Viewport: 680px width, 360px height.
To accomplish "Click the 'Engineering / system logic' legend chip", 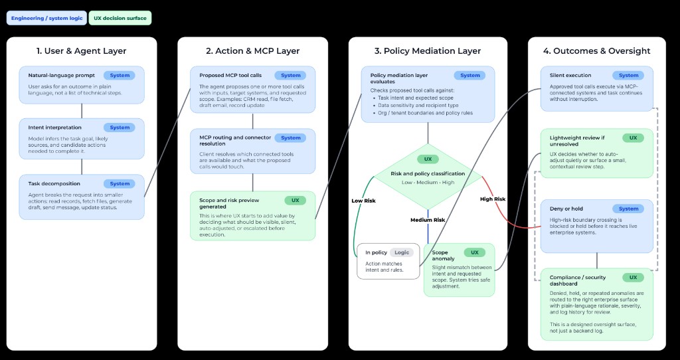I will (x=46, y=18).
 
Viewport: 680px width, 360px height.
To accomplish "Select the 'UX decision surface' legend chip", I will (x=120, y=18).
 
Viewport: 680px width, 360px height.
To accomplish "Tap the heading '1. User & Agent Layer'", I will (x=81, y=51).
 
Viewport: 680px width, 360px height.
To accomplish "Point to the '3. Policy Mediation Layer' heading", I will (x=428, y=51).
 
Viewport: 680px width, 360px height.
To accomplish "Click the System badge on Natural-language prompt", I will (x=120, y=75).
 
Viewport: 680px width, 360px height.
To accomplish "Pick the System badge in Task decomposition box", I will (x=120, y=183).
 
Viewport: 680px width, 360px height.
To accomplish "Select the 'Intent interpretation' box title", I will (x=55, y=128).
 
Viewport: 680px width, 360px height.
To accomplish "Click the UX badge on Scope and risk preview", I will (x=295, y=200).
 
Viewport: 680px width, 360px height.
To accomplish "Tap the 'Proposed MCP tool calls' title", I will (x=230, y=76).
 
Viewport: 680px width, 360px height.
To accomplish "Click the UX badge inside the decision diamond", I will (x=428, y=159).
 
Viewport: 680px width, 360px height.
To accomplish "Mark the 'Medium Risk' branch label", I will (x=428, y=220).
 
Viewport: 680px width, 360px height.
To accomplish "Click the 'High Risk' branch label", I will (x=492, y=199).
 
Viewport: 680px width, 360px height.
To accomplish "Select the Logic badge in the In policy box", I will (x=402, y=252).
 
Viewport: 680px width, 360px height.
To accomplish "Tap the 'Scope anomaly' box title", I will (x=440, y=255).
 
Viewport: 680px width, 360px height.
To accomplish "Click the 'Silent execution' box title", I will (x=570, y=76).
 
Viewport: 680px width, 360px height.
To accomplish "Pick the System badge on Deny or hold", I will (x=628, y=209).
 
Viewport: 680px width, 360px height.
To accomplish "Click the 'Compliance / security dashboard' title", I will (x=577, y=280).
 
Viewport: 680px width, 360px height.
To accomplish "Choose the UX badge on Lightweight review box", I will (x=633, y=138).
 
